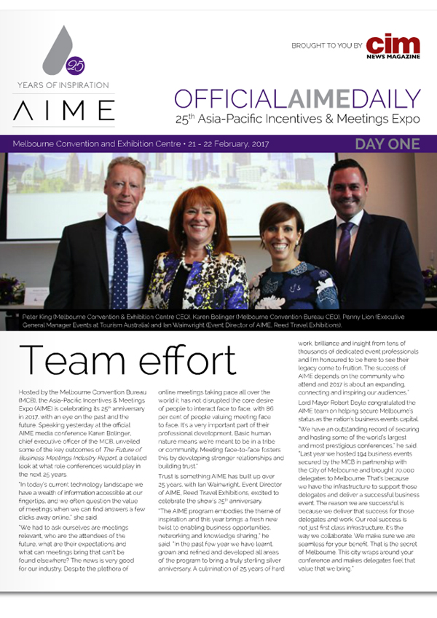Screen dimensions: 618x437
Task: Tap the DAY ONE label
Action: click(x=387, y=144)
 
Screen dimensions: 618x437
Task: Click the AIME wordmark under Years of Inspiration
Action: click(x=64, y=111)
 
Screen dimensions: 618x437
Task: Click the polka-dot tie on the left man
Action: click(x=120, y=266)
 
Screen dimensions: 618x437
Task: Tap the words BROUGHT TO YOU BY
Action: click(x=326, y=45)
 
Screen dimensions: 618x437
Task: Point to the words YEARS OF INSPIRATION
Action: click(x=63, y=85)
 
